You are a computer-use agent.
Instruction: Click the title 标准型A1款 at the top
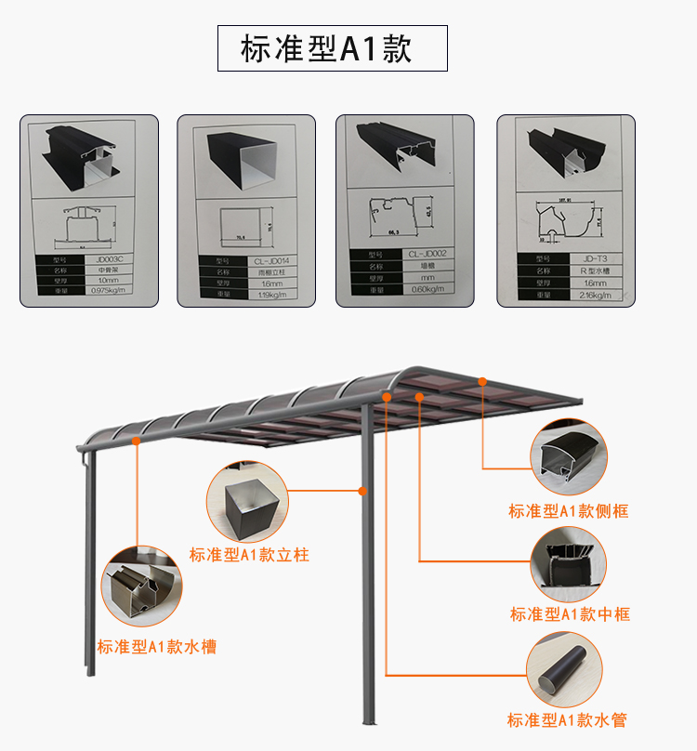[x=332, y=48]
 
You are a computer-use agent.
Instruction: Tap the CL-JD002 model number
[x=427, y=254]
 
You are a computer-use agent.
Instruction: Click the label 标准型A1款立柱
[x=249, y=555]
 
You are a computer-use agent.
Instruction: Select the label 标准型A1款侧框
[x=568, y=511]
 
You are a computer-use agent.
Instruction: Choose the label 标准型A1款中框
[x=570, y=614]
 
